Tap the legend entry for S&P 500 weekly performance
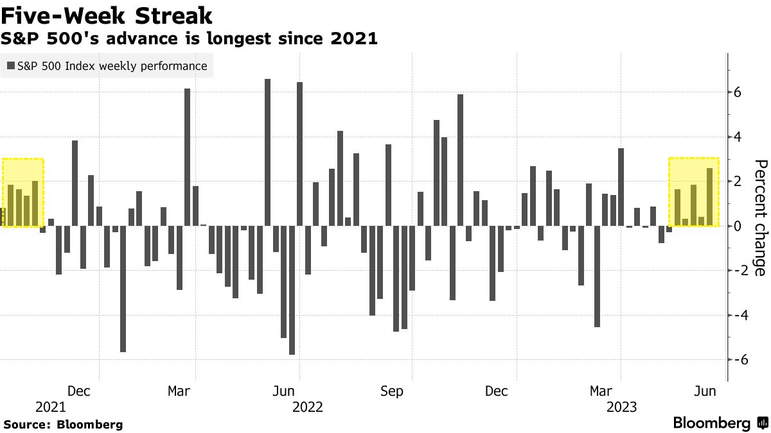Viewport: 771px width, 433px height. pyautogui.click(x=107, y=65)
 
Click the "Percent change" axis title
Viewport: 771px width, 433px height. pyautogui.click(x=760, y=218)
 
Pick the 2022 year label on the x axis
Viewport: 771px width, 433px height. pyautogui.click(x=307, y=407)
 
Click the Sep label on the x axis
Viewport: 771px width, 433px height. pyautogui.click(x=392, y=391)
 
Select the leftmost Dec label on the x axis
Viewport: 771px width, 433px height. pyautogui.click(x=78, y=391)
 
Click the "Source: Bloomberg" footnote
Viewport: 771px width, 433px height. pyautogui.click(x=64, y=424)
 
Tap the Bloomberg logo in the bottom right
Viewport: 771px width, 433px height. pyautogui.click(x=720, y=423)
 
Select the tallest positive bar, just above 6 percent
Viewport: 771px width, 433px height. pyautogui.click(x=268, y=153)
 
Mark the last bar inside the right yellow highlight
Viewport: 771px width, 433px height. pyautogui.click(x=709, y=197)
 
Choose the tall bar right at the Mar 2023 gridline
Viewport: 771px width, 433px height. pyautogui.click(x=621, y=187)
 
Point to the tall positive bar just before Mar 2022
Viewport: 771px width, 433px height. pyautogui.click(x=188, y=157)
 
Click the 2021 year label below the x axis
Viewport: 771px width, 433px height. pyautogui.click(x=50, y=407)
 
